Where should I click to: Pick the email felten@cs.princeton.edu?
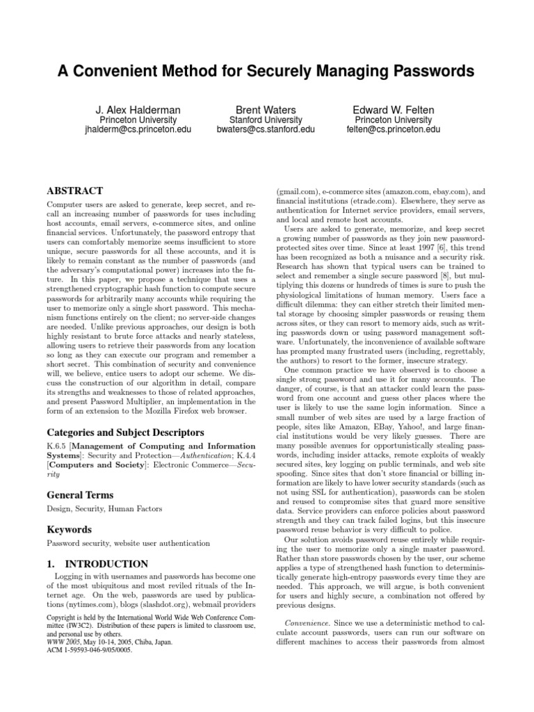click(394, 129)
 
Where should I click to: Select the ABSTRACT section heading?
click(74, 191)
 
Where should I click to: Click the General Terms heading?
click(80, 494)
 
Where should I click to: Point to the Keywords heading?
click(70, 529)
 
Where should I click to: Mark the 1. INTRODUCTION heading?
click(97, 564)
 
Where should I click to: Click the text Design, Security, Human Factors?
click(104, 509)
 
